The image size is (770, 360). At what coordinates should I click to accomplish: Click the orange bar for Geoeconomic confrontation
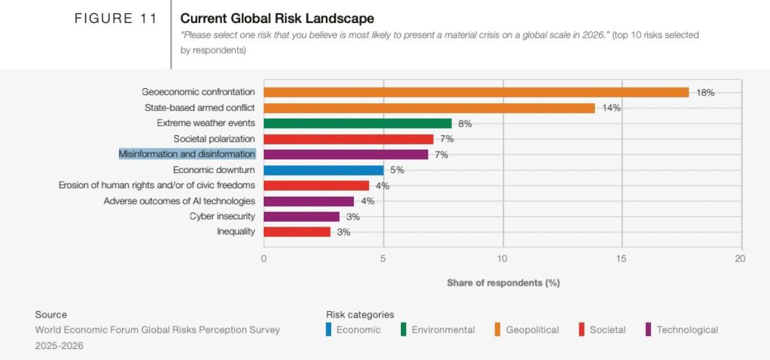tap(476, 92)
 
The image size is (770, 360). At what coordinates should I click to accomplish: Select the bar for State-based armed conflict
tap(429, 108)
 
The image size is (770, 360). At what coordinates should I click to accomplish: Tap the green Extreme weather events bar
tap(357, 123)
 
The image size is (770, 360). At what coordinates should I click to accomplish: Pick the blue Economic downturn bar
tap(323, 171)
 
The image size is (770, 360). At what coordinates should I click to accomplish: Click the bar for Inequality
tap(297, 232)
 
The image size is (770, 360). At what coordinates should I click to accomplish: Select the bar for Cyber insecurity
tap(302, 216)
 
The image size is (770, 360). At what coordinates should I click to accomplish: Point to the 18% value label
tap(705, 93)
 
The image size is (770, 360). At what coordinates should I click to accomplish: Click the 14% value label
tap(611, 108)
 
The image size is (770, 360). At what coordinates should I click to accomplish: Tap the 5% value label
tap(397, 171)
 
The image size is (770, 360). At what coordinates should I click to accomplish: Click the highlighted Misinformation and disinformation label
tap(187, 154)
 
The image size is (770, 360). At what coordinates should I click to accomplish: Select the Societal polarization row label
tap(214, 139)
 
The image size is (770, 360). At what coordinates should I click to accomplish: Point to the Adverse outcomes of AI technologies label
tap(180, 201)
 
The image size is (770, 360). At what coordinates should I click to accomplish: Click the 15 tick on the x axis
tap(621, 259)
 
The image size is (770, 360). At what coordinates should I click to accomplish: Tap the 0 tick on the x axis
tap(264, 259)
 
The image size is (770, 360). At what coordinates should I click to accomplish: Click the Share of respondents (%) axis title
tap(503, 283)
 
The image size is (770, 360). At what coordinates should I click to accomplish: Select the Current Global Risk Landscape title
tap(277, 18)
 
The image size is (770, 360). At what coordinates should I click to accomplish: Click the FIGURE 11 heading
tap(116, 19)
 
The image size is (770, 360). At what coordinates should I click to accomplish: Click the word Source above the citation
tap(51, 315)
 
